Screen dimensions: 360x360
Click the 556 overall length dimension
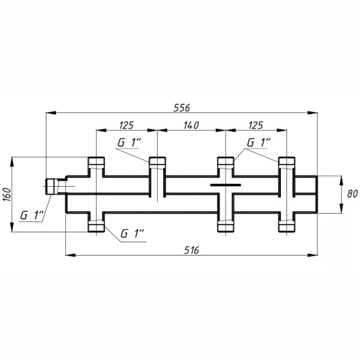pyautogui.click(x=182, y=107)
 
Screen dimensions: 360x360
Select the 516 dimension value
pyautogui.click(x=191, y=250)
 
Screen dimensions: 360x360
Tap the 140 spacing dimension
pyautogui.click(x=191, y=125)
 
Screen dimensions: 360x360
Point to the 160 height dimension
pyautogui.click(x=7, y=194)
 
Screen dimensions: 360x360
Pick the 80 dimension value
pyautogui.click(x=352, y=194)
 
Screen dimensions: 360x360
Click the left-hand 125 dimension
pyautogui.click(x=126, y=125)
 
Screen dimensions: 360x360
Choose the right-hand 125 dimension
pyautogui.click(x=256, y=125)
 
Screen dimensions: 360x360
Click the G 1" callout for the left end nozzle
pyautogui.click(x=32, y=215)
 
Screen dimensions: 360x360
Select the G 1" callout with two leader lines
pyautogui.click(x=259, y=143)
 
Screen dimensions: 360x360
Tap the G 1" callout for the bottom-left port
pyautogui.click(x=132, y=234)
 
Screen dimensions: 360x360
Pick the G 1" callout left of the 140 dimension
pyautogui.click(x=129, y=143)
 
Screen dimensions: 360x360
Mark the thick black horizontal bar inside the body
pyautogui.click(x=226, y=185)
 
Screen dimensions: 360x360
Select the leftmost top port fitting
pyautogui.click(x=96, y=161)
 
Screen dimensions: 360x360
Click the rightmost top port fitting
pyautogui.click(x=287, y=161)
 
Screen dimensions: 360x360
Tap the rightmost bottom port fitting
pyautogui.click(x=287, y=226)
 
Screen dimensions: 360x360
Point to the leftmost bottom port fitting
pyautogui.click(x=96, y=226)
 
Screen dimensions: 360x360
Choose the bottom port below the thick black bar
pyautogui.click(x=226, y=226)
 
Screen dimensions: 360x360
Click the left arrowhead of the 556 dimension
pyautogui.click(x=51, y=113)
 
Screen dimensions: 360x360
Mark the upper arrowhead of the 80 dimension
pyautogui.click(x=341, y=181)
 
